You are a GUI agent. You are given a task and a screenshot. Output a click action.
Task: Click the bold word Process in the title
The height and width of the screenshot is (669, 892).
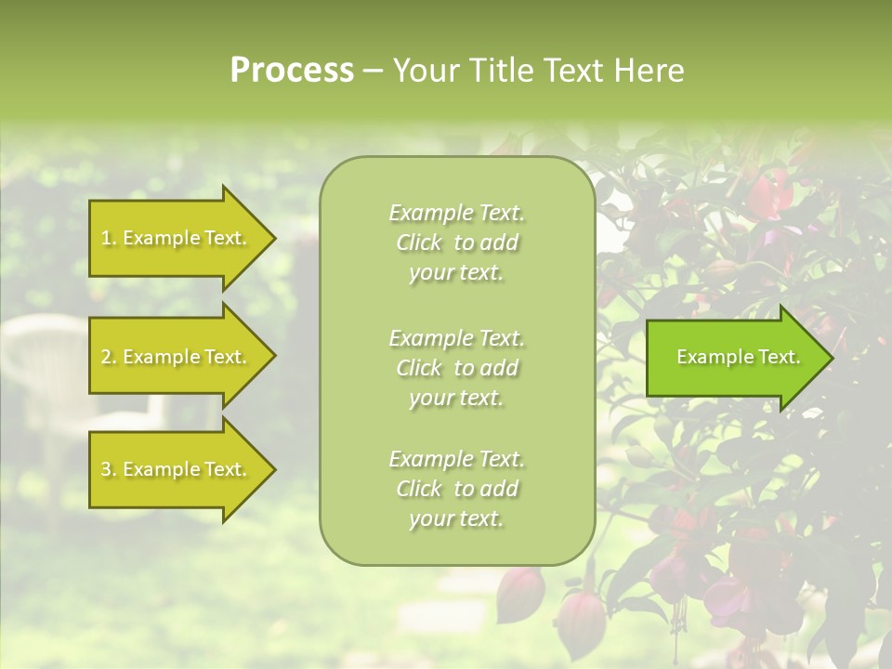tap(292, 71)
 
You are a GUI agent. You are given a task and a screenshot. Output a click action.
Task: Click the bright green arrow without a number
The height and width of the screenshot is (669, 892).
tap(734, 358)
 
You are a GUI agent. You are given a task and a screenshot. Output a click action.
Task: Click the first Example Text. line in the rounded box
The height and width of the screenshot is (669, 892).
tap(456, 213)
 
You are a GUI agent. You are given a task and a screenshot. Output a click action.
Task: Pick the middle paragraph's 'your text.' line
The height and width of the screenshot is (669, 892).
tap(456, 398)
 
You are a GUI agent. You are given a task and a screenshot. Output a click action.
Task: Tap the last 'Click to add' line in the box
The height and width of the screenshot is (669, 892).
tap(456, 489)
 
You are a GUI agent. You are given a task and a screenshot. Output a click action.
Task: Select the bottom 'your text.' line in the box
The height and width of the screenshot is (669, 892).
tap(456, 518)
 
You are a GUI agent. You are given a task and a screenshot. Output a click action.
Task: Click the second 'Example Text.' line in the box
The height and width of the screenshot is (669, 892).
tap(456, 338)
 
